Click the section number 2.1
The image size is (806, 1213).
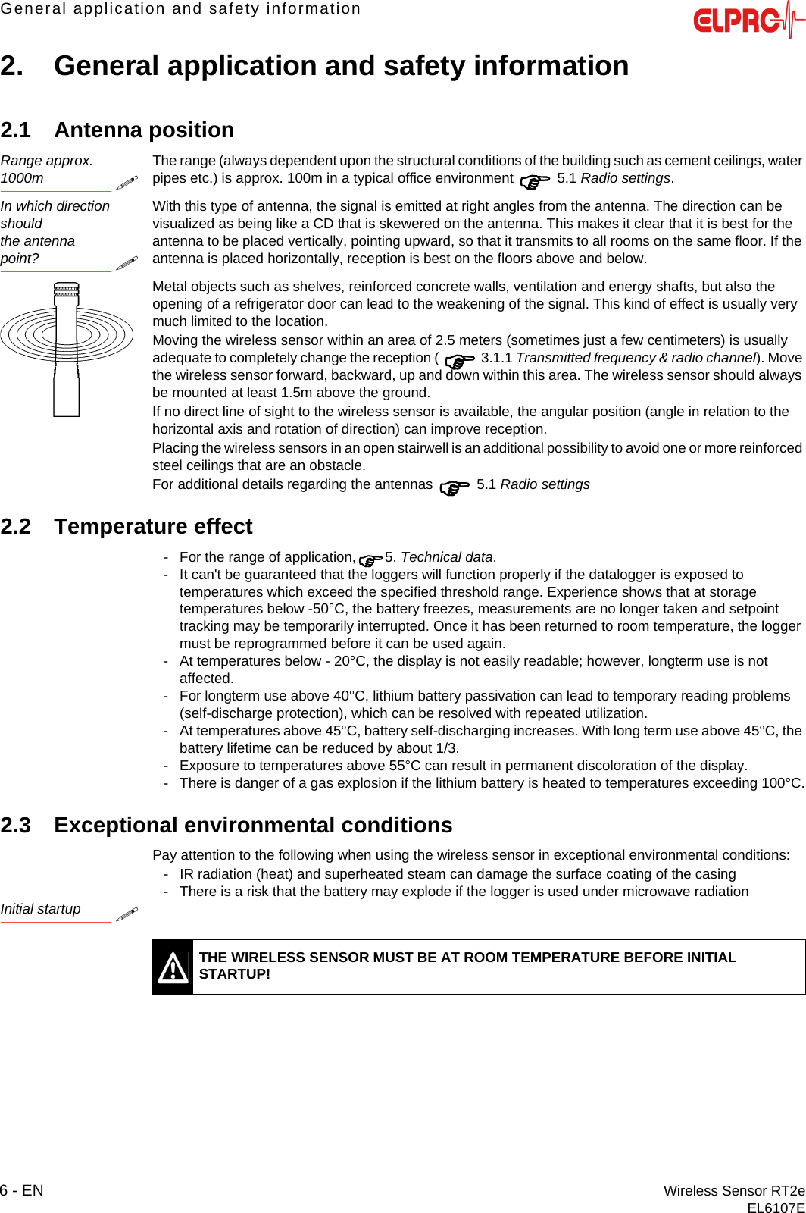(x=16, y=130)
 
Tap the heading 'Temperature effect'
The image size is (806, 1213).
(x=153, y=526)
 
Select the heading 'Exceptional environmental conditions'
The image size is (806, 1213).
(x=253, y=825)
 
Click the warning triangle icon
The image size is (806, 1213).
(x=173, y=967)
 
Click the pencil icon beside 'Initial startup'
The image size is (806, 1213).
(x=127, y=914)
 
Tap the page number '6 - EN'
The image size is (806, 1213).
(x=22, y=1190)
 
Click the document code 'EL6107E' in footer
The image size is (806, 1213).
(x=776, y=1208)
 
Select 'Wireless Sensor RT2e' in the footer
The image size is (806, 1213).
(x=733, y=1190)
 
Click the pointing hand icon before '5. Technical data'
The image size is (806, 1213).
(x=370, y=559)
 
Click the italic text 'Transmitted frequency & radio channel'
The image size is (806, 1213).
(x=636, y=358)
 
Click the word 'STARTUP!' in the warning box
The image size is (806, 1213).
(x=234, y=974)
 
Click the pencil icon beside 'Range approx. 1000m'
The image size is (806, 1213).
(x=127, y=183)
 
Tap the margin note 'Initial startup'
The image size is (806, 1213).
(x=40, y=909)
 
